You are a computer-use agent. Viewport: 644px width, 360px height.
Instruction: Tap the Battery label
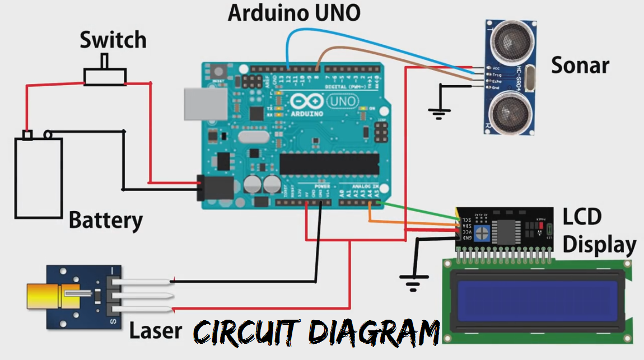[106, 220]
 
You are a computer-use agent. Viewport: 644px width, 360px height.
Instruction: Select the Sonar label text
[580, 66]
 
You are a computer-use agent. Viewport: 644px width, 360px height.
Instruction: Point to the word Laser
[156, 330]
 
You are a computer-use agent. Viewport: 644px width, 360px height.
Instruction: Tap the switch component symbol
[105, 76]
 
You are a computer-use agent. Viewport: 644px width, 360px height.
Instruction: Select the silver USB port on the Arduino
[205, 104]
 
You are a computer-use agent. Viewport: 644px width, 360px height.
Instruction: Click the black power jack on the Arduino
[206, 188]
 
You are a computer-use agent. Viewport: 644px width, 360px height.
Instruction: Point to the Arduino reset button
[218, 72]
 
